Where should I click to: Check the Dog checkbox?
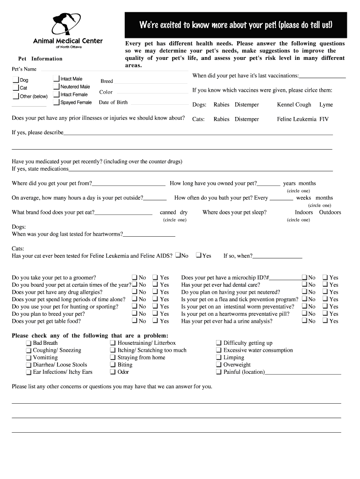(15, 80)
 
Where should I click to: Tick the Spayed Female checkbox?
(57, 102)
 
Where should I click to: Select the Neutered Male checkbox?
(57, 87)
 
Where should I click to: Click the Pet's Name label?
(24, 69)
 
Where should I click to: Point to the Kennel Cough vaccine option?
(294, 105)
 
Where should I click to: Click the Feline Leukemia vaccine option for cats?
(296, 119)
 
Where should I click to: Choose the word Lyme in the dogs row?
(326, 105)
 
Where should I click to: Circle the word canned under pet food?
(168, 212)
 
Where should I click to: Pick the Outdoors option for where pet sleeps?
(330, 212)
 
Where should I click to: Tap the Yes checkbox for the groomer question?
(156, 277)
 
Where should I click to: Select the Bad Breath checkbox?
(29, 343)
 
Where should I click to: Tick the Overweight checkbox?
(219, 365)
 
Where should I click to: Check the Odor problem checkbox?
(113, 372)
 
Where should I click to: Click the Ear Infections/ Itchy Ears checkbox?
(29, 372)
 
